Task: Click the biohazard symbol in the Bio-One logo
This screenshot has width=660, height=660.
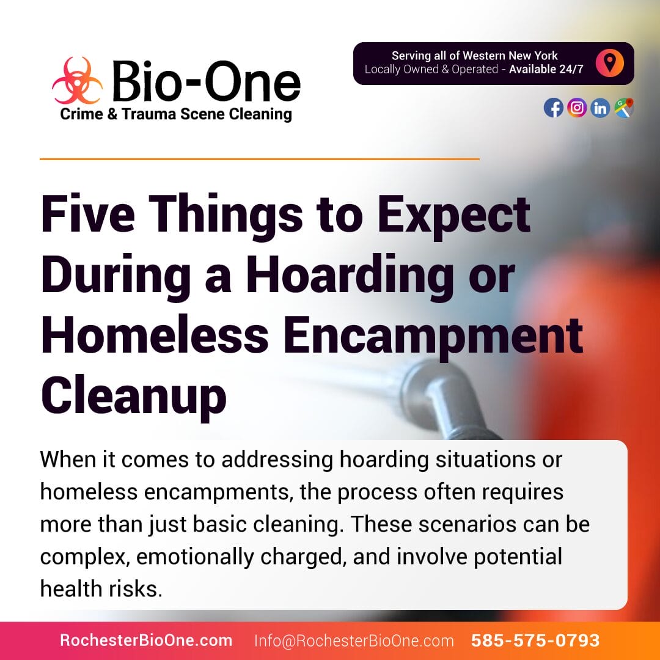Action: click(78, 81)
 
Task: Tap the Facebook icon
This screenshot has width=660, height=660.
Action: click(554, 108)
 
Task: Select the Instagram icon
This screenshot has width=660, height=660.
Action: click(577, 108)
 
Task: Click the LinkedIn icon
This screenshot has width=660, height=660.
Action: click(600, 108)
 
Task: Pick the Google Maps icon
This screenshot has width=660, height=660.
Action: click(624, 108)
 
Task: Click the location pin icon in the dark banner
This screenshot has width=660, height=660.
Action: click(609, 63)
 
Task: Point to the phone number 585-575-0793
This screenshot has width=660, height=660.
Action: click(535, 640)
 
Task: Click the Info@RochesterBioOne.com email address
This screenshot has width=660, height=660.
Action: click(354, 640)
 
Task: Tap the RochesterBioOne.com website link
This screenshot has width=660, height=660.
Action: click(146, 640)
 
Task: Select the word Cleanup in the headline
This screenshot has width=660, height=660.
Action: click(134, 396)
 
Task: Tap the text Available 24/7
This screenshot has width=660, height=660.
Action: click(546, 69)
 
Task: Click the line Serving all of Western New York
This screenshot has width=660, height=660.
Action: click(474, 56)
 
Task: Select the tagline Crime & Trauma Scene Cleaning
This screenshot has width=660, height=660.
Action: click(176, 114)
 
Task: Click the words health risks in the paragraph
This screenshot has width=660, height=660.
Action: click(101, 588)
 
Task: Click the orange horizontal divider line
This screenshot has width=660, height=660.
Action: click(260, 159)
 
